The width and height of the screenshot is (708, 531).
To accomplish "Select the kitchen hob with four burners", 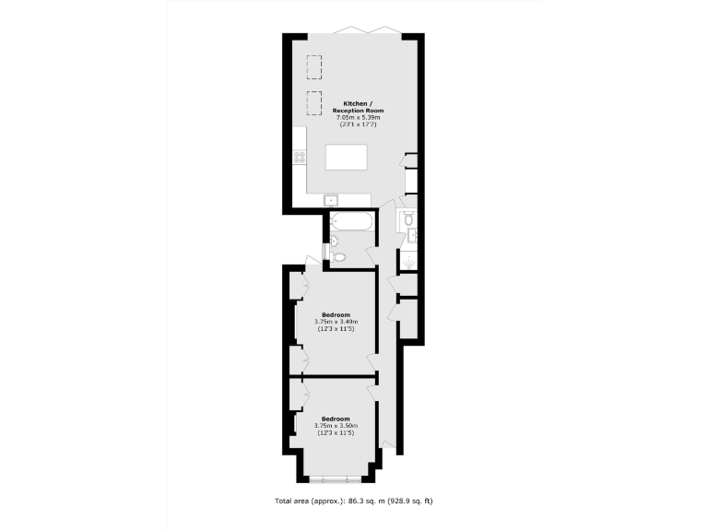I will pos(300,158).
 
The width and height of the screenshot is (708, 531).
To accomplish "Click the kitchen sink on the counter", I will pos(330,199).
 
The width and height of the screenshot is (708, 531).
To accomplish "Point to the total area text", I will pos(354,501).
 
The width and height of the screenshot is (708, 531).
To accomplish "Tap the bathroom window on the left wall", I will pos(324,250).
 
